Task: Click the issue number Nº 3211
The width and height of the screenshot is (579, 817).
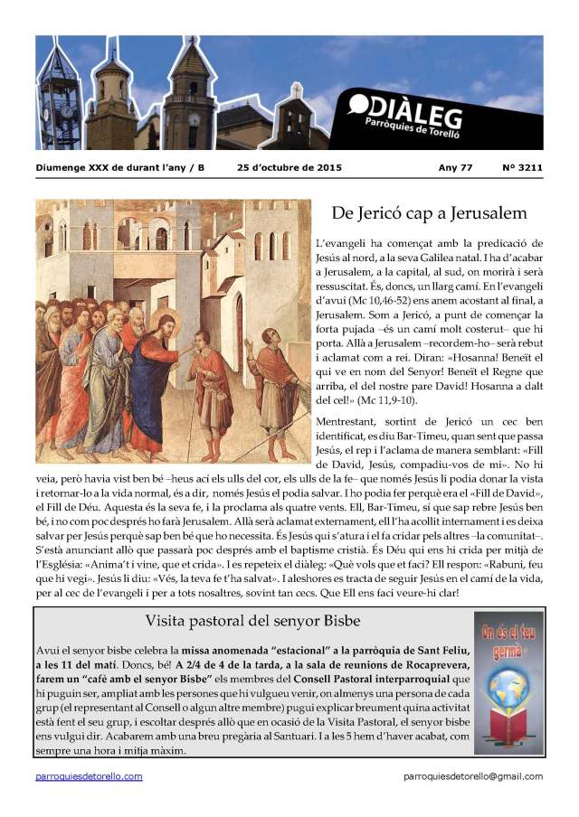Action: (521, 167)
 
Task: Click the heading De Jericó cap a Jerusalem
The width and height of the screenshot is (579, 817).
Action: (429, 213)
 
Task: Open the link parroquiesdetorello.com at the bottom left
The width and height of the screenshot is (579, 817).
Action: (89, 776)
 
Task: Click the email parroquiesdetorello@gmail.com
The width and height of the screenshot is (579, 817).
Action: (473, 776)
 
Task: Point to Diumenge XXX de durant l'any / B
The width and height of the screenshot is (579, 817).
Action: (120, 167)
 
